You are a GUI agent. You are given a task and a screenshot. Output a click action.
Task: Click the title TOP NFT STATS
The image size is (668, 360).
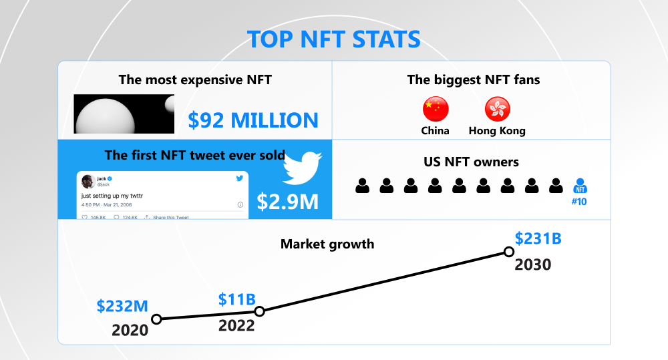(x=334, y=39)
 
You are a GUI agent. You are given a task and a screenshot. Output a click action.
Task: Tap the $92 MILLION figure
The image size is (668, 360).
(x=253, y=120)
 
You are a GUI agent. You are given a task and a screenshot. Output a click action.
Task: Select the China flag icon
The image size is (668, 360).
(x=436, y=109)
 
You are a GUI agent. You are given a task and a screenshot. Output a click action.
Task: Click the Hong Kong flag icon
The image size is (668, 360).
(x=497, y=109)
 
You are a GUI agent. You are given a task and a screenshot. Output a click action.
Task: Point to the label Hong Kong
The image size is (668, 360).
(x=497, y=131)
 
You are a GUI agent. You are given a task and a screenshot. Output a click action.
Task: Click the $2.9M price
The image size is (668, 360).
(x=288, y=202)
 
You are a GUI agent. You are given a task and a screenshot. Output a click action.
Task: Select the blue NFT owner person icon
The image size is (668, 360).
(x=580, y=186)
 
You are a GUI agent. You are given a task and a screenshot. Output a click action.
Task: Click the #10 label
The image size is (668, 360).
(x=580, y=201)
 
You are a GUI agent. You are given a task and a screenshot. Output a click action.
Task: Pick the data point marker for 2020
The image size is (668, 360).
(x=156, y=319)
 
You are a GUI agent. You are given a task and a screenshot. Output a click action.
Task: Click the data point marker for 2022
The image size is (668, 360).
(x=260, y=311)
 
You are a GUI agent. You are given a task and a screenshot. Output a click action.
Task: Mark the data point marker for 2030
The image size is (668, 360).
(x=508, y=252)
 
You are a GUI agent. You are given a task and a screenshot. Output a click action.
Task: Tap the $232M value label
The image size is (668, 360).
(x=122, y=306)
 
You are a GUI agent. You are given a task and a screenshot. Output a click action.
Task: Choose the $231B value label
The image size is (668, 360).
(x=537, y=238)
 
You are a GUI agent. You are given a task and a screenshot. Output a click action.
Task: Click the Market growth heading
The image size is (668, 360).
(x=327, y=244)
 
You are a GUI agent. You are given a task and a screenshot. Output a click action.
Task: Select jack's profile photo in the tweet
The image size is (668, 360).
(x=88, y=182)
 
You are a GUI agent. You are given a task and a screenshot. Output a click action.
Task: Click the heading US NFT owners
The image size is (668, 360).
(x=471, y=162)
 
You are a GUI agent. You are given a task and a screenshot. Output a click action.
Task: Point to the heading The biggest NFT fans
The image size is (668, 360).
(x=474, y=80)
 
